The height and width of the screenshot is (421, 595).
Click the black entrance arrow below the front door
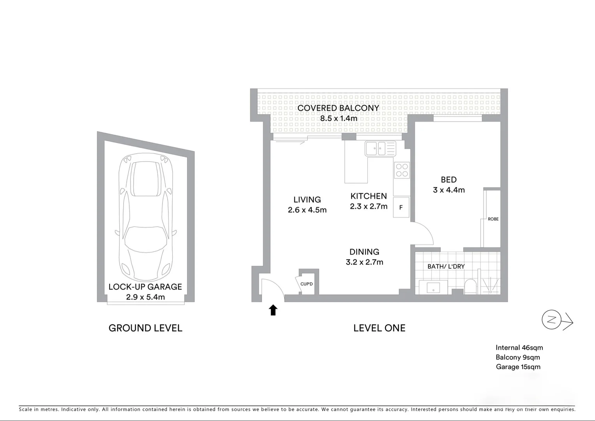tap(273, 310)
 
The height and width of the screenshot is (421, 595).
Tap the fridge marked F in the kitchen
tap(401, 207)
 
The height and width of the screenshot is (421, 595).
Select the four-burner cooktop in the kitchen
tap(402, 170)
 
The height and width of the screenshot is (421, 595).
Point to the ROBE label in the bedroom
tap(493, 219)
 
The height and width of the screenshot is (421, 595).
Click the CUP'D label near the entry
tap(307, 284)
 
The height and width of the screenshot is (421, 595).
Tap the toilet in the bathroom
tap(470, 286)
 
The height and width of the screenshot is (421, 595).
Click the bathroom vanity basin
tap(433, 288)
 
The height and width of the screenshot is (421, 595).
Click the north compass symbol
tap(551, 320)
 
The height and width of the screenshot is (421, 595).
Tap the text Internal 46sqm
tap(519, 348)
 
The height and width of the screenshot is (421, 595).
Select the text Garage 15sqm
tap(518, 367)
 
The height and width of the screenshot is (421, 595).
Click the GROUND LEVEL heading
tap(145, 328)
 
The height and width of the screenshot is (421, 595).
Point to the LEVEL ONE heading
tap(379, 328)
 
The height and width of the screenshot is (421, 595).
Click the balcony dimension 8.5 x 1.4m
tap(339, 118)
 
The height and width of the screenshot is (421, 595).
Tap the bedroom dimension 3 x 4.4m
tap(448, 190)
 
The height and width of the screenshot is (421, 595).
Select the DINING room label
tap(364, 252)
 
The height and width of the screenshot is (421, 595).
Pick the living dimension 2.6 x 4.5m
tap(307, 210)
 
